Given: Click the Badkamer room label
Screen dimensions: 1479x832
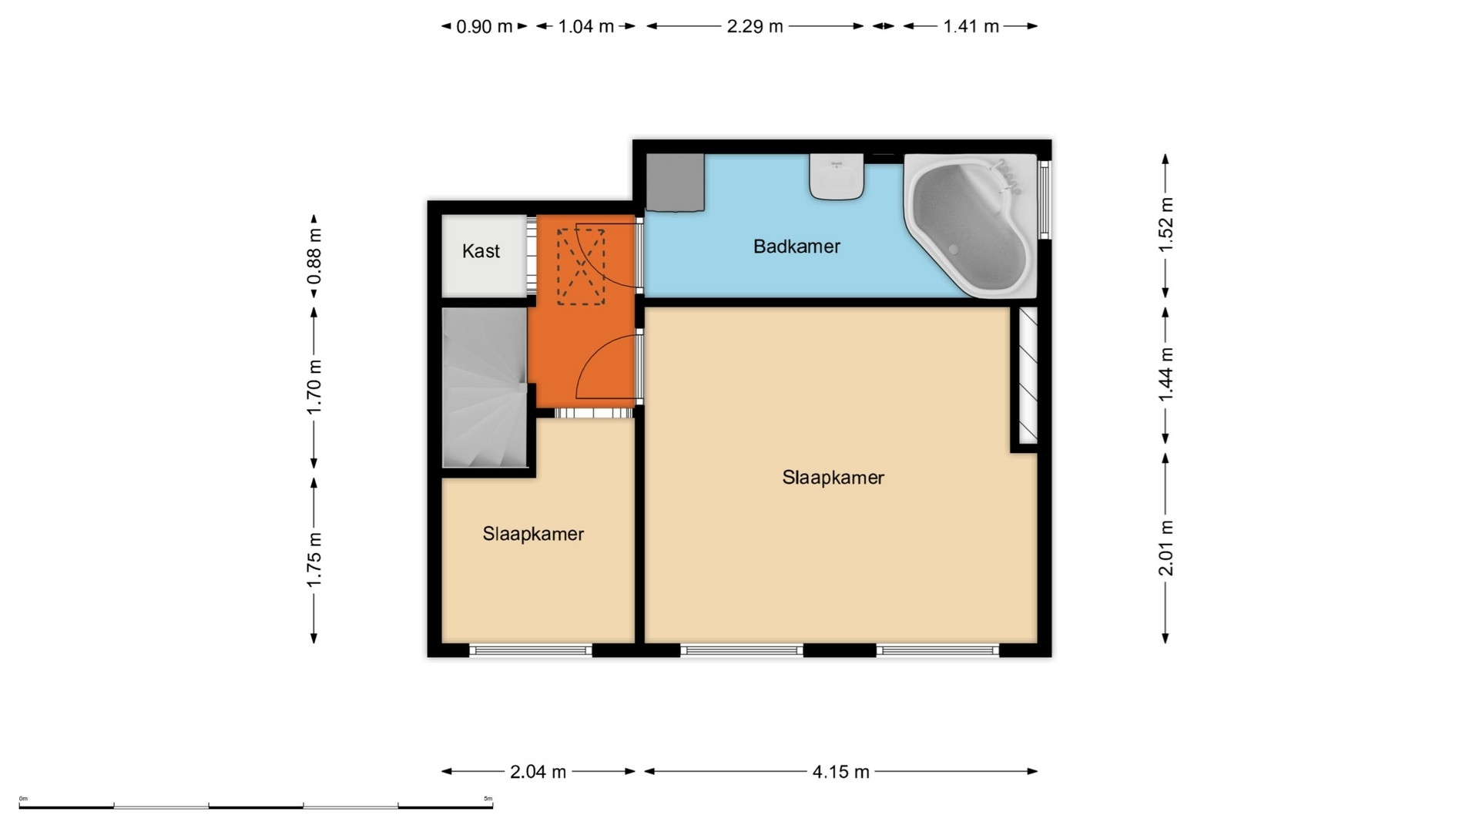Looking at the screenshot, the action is pyautogui.click(x=797, y=247).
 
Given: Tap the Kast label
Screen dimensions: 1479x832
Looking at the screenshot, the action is pyautogui.click(x=481, y=251).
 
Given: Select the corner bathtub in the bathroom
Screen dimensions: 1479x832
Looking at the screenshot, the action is pyautogui.click(x=971, y=226).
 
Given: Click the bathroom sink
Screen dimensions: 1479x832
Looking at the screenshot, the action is pyautogui.click(x=836, y=176).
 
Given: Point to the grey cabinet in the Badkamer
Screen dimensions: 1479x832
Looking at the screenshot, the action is pyautogui.click(x=675, y=183).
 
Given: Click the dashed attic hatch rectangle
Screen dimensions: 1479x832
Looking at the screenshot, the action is pyautogui.click(x=581, y=267).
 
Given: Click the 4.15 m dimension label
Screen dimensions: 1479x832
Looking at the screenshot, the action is pyautogui.click(x=840, y=771).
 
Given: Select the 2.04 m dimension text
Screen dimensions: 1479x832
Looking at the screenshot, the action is pyautogui.click(x=538, y=771).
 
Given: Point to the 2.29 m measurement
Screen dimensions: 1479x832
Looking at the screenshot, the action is pyautogui.click(x=755, y=26).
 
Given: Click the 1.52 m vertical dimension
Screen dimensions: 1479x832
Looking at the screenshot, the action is pyautogui.click(x=1165, y=225).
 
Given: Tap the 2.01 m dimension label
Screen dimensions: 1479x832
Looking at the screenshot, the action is pyautogui.click(x=1165, y=548).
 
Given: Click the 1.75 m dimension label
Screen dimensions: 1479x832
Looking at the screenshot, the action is pyautogui.click(x=314, y=559).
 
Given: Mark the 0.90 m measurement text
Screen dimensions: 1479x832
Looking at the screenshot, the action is pyautogui.click(x=484, y=26).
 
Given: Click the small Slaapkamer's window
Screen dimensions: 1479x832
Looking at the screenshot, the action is pyautogui.click(x=531, y=651).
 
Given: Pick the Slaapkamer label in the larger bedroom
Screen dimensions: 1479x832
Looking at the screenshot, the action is pyautogui.click(x=833, y=478).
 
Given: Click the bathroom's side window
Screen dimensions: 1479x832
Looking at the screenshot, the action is pyautogui.click(x=1045, y=199).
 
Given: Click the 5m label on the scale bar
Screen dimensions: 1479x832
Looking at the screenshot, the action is pyautogui.click(x=488, y=799).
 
